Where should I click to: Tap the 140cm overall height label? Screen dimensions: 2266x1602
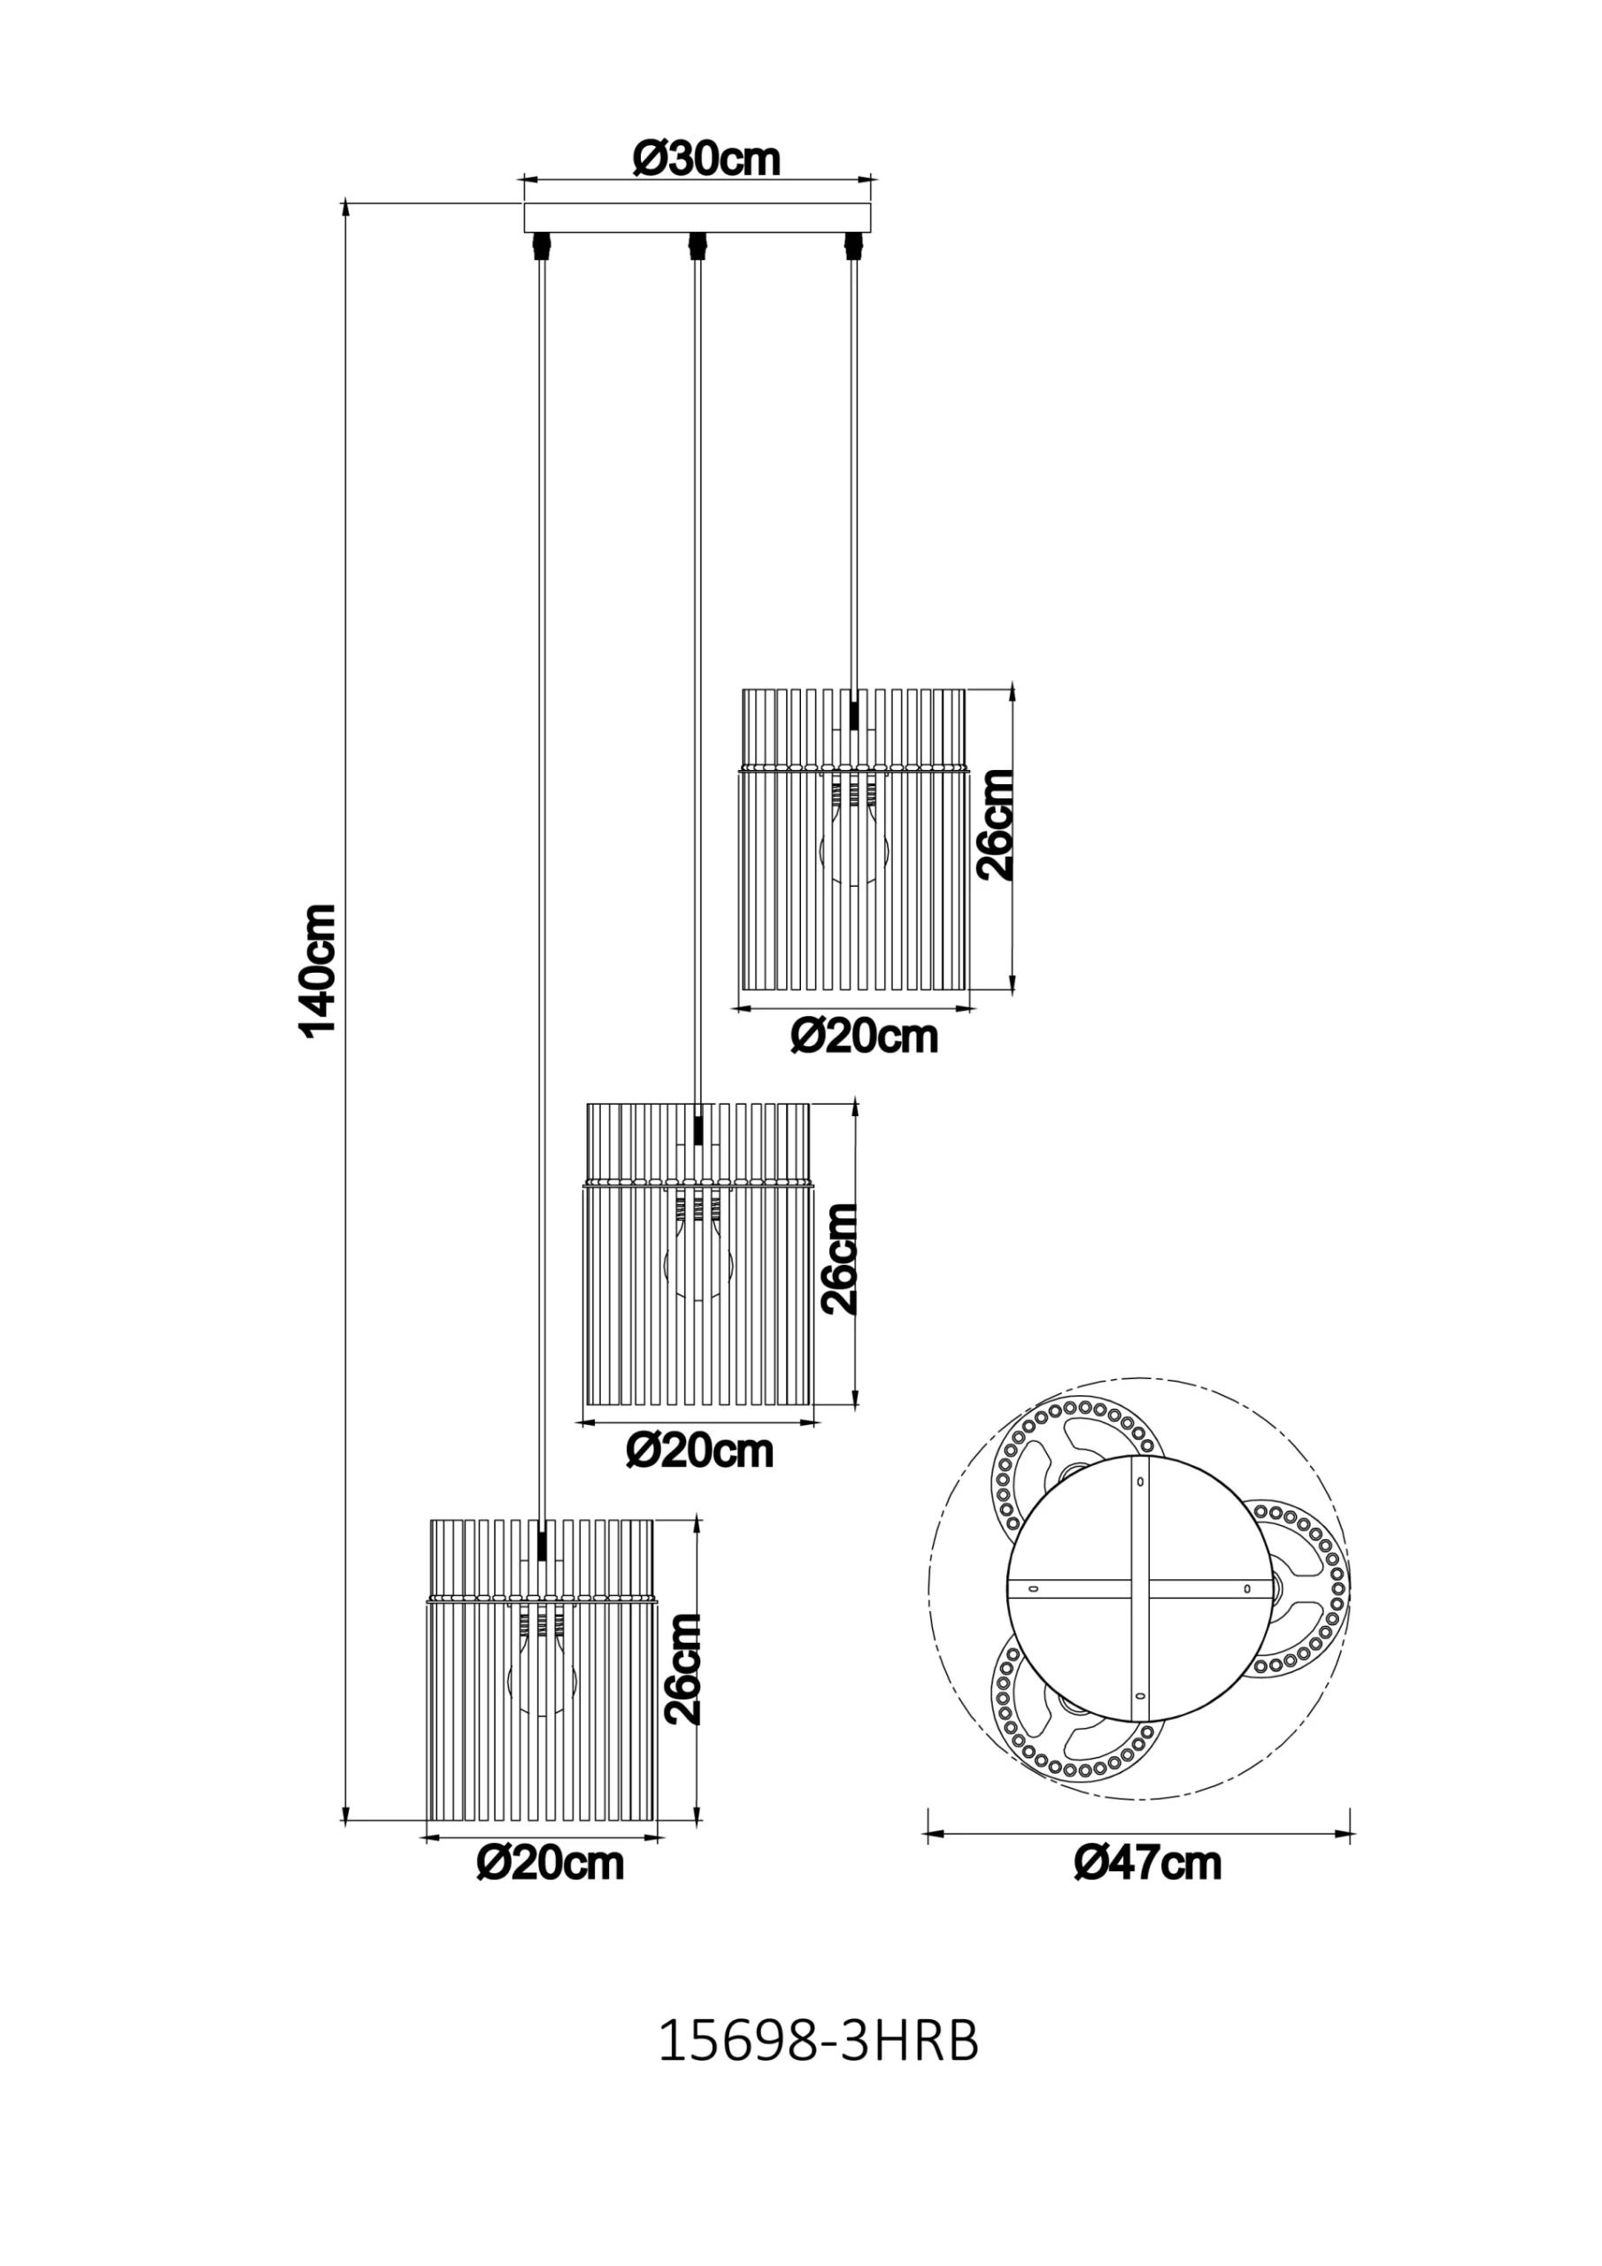[x=319, y=969]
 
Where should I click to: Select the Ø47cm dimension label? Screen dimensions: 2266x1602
[x=1148, y=1862]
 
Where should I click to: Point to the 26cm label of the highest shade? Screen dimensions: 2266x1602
[x=995, y=824]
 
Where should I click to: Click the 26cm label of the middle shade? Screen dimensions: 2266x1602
[x=840, y=1259]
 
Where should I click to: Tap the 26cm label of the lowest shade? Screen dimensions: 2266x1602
[x=683, y=1669]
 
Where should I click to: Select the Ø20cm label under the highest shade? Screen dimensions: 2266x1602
[x=864, y=1037]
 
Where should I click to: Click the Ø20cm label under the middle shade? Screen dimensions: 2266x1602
[x=700, y=1450]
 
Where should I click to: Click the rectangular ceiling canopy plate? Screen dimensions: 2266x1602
[x=697, y=217]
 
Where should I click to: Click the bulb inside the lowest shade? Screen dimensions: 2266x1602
[x=541, y=1674]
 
